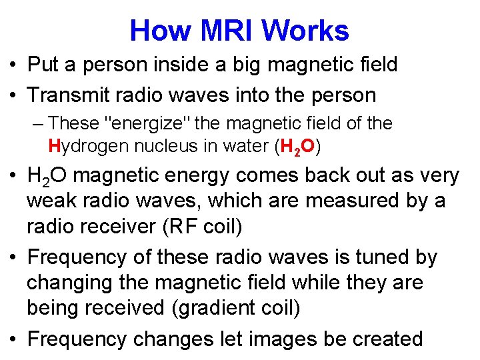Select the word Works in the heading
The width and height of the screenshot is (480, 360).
point(305,31)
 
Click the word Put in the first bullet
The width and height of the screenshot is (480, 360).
point(42,65)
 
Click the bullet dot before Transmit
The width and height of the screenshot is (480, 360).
point(14,95)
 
